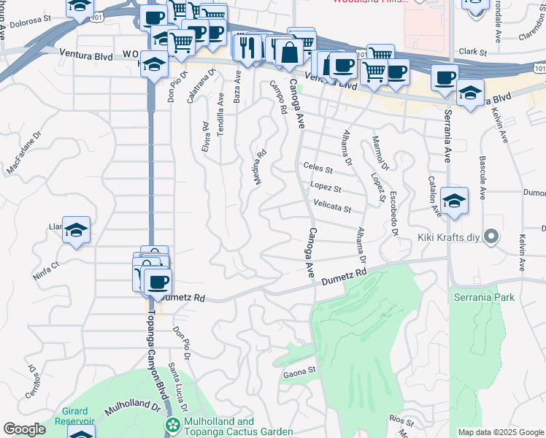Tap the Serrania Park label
tap(485, 297)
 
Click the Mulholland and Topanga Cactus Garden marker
tap(173, 426)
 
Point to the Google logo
tap(24, 429)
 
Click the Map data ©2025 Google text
tap(500, 432)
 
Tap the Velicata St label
tap(332, 209)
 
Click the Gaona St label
tap(299, 371)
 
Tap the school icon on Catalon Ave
tap(454, 201)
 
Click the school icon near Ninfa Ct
tap(77, 230)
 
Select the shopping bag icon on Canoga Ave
tap(290, 53)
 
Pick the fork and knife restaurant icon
tap(249, 47)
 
